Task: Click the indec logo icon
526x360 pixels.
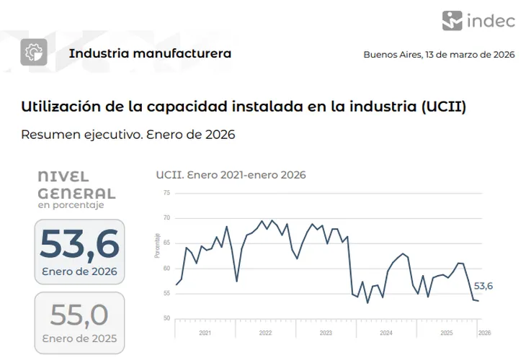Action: pyautogui.click(x=453, y=20)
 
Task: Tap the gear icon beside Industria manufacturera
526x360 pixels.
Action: pyautogui.click(x=34, y=53)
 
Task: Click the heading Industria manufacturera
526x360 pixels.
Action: pyautogui.click(x=150, y=53)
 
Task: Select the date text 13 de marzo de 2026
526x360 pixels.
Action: pyautogui.click(x=470, y=55)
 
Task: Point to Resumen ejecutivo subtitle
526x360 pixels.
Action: pyautogui.click(x=128, y=135)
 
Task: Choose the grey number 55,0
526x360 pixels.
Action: pyautogui.click(x=79, y=315)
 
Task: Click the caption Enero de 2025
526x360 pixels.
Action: pyautogui.click(x=79, y=338)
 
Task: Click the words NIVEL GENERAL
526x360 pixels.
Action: pyautogui.click(x=76, y=185)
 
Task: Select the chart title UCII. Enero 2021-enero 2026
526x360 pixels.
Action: pyautogui.click(x=231, y=175)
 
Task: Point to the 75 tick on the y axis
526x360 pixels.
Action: pyautogui.click(x=166, y=193)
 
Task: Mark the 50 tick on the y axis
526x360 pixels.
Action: pyautogui.click(x=166, y=318)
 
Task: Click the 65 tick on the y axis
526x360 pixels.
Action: pyautogui.click(x=166, y=243)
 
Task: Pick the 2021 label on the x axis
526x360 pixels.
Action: pyautogui.click(x=205, y=333)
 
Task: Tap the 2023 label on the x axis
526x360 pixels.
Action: pyautogui.click(x=326, y=333)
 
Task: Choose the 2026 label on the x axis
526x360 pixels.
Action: pyautogui.click(x=484, y=333)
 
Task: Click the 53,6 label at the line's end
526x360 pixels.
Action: pyautogui.click(x=483, y=287)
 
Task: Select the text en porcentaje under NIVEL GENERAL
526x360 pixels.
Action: pyautogui.click(x=71, y=205)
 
